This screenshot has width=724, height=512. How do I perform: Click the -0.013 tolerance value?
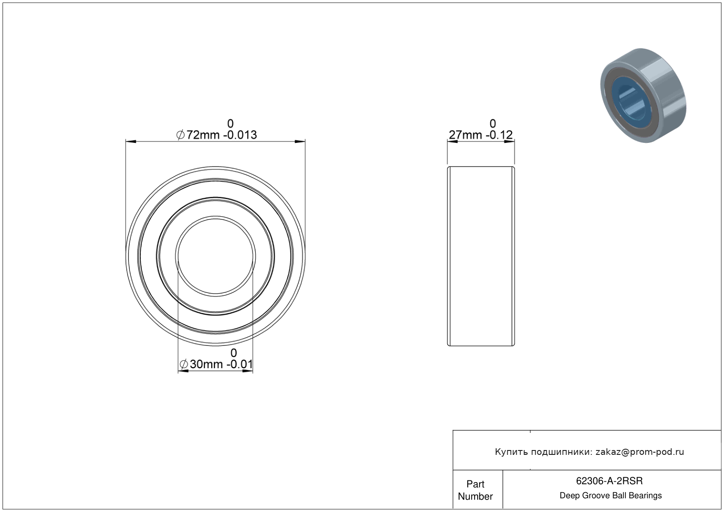[x=240, y=135]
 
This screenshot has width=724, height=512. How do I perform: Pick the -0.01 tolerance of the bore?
[x=240, y=364]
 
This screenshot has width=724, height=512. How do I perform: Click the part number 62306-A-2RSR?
[x=609, y=481]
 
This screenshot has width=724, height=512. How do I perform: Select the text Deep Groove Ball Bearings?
[x=611, y=496]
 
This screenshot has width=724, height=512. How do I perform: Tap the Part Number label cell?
[x=475, y=490]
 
